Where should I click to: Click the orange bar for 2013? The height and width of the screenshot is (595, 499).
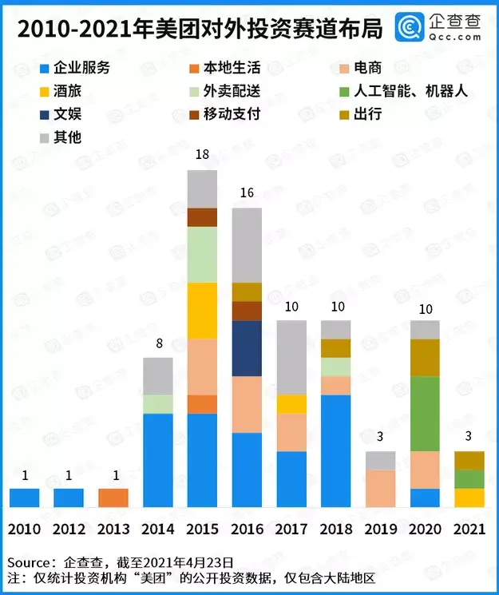(113, 498)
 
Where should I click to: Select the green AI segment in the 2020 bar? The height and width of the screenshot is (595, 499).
(425, 414)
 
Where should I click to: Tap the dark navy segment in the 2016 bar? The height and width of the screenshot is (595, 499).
(247, 348)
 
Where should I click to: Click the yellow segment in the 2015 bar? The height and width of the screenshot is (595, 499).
(203, 311)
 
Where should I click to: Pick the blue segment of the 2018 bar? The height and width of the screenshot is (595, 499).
(336, 450)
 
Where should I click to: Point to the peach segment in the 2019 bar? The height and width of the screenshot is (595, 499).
(380, 488)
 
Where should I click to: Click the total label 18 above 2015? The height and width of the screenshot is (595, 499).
(203, 158)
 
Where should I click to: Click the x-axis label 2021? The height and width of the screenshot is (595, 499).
(469, 530)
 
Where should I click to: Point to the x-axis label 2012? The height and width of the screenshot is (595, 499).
(69, 530)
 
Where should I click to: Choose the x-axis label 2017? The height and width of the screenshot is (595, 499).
(291, 530)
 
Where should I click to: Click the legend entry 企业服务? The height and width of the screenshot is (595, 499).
(80, 67)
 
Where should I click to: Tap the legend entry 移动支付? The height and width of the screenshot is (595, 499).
(232, 113)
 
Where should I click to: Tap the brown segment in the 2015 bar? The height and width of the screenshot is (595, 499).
(203, 217)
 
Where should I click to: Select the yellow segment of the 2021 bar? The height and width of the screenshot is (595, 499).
(469, 498)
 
